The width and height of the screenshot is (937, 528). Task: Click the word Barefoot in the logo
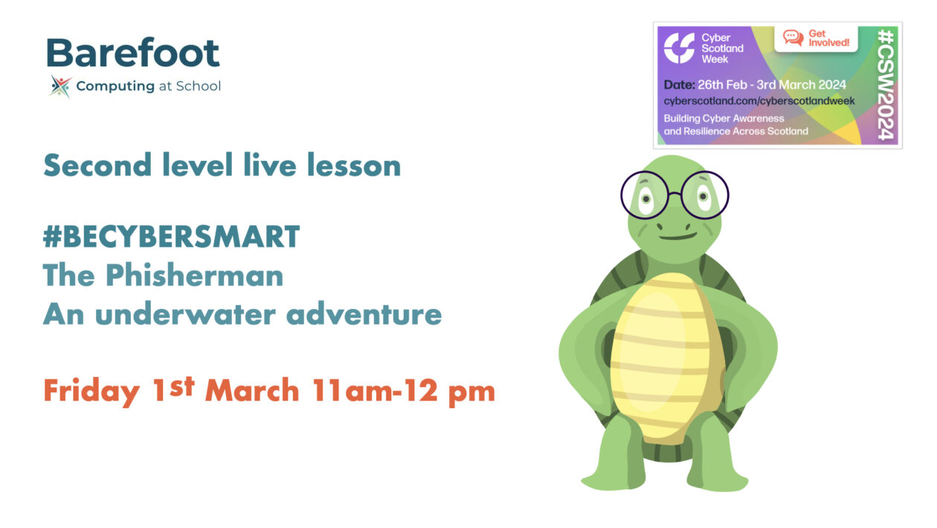pyautogui.click(x=133, y=53)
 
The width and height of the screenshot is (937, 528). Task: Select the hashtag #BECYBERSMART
pyautogui.click(x=171, y=237)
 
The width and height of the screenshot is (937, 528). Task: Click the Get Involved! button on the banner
pyautogui.click(x=816, y=38)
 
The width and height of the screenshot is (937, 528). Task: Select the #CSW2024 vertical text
pyautogui.click(x=885, y=84)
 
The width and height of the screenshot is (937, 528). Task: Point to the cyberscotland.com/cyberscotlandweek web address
pyautogui.click(x=759, y=101)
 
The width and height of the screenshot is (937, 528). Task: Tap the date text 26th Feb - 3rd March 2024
pyautogui.click(x=769, y=85)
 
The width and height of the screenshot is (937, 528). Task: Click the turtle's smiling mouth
pyautogui.click(x=675, y=236)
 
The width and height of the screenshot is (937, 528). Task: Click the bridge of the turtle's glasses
pyautogui.click(x=674, y=194)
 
